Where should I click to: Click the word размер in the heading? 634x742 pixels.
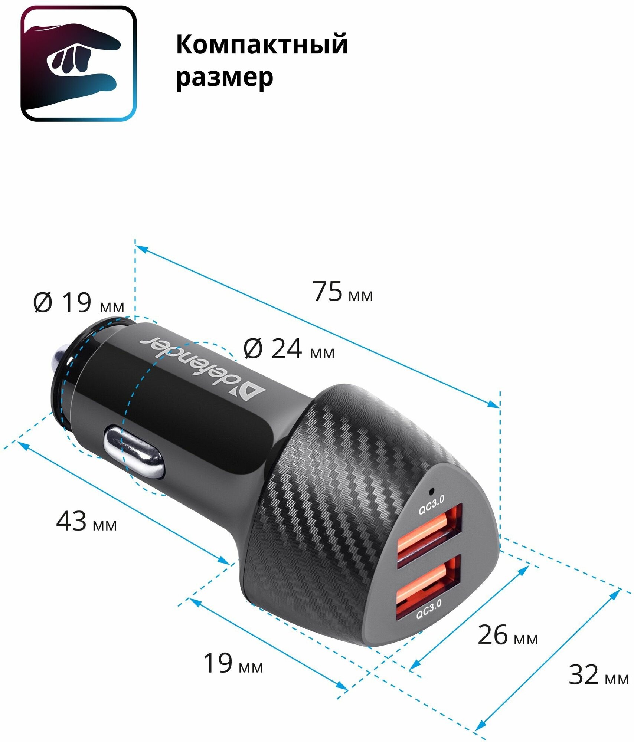224,78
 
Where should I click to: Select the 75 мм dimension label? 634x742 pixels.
343,292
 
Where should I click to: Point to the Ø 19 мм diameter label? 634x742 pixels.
78,303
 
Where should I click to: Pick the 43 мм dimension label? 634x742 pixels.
86,521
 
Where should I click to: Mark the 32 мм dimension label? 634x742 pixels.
598,675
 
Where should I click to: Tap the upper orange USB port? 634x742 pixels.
429,535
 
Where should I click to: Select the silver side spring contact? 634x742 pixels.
134,452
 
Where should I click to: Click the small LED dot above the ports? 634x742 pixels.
431,492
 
